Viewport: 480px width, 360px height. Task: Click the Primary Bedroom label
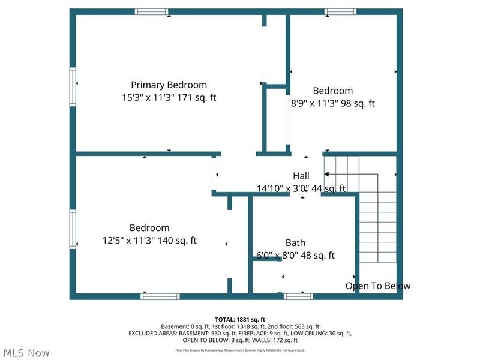coord(169,85)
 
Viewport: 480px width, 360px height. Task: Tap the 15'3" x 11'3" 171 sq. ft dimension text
coord(169,97)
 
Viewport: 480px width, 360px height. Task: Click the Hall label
coord(301,176)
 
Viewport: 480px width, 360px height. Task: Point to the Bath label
coord(295,242)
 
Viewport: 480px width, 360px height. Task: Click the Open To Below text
coord(378,286)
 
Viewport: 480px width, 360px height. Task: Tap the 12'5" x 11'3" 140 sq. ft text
coord(149,241)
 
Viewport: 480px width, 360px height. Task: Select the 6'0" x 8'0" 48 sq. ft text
coord(295,255)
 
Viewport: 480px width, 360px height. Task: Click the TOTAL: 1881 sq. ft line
coord(240,319)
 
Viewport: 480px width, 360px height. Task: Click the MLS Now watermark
coord(25,353)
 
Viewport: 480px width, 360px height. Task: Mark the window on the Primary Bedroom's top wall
coord(151,11)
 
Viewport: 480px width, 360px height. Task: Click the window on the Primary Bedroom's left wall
coord(73,85)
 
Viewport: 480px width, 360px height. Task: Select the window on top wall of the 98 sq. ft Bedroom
coord(341,11)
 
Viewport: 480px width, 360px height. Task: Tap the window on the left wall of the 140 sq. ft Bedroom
coord(73,228)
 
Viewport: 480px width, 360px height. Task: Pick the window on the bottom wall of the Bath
coord(298,296)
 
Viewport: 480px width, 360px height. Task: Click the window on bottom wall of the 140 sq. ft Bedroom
coord(160,296)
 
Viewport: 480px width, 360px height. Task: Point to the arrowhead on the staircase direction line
coord(327,174)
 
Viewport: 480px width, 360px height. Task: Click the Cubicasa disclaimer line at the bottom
coord(240,350)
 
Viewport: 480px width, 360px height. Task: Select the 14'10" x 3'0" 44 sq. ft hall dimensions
coord(301,188)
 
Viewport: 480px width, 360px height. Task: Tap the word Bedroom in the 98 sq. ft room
coord(333,91)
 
